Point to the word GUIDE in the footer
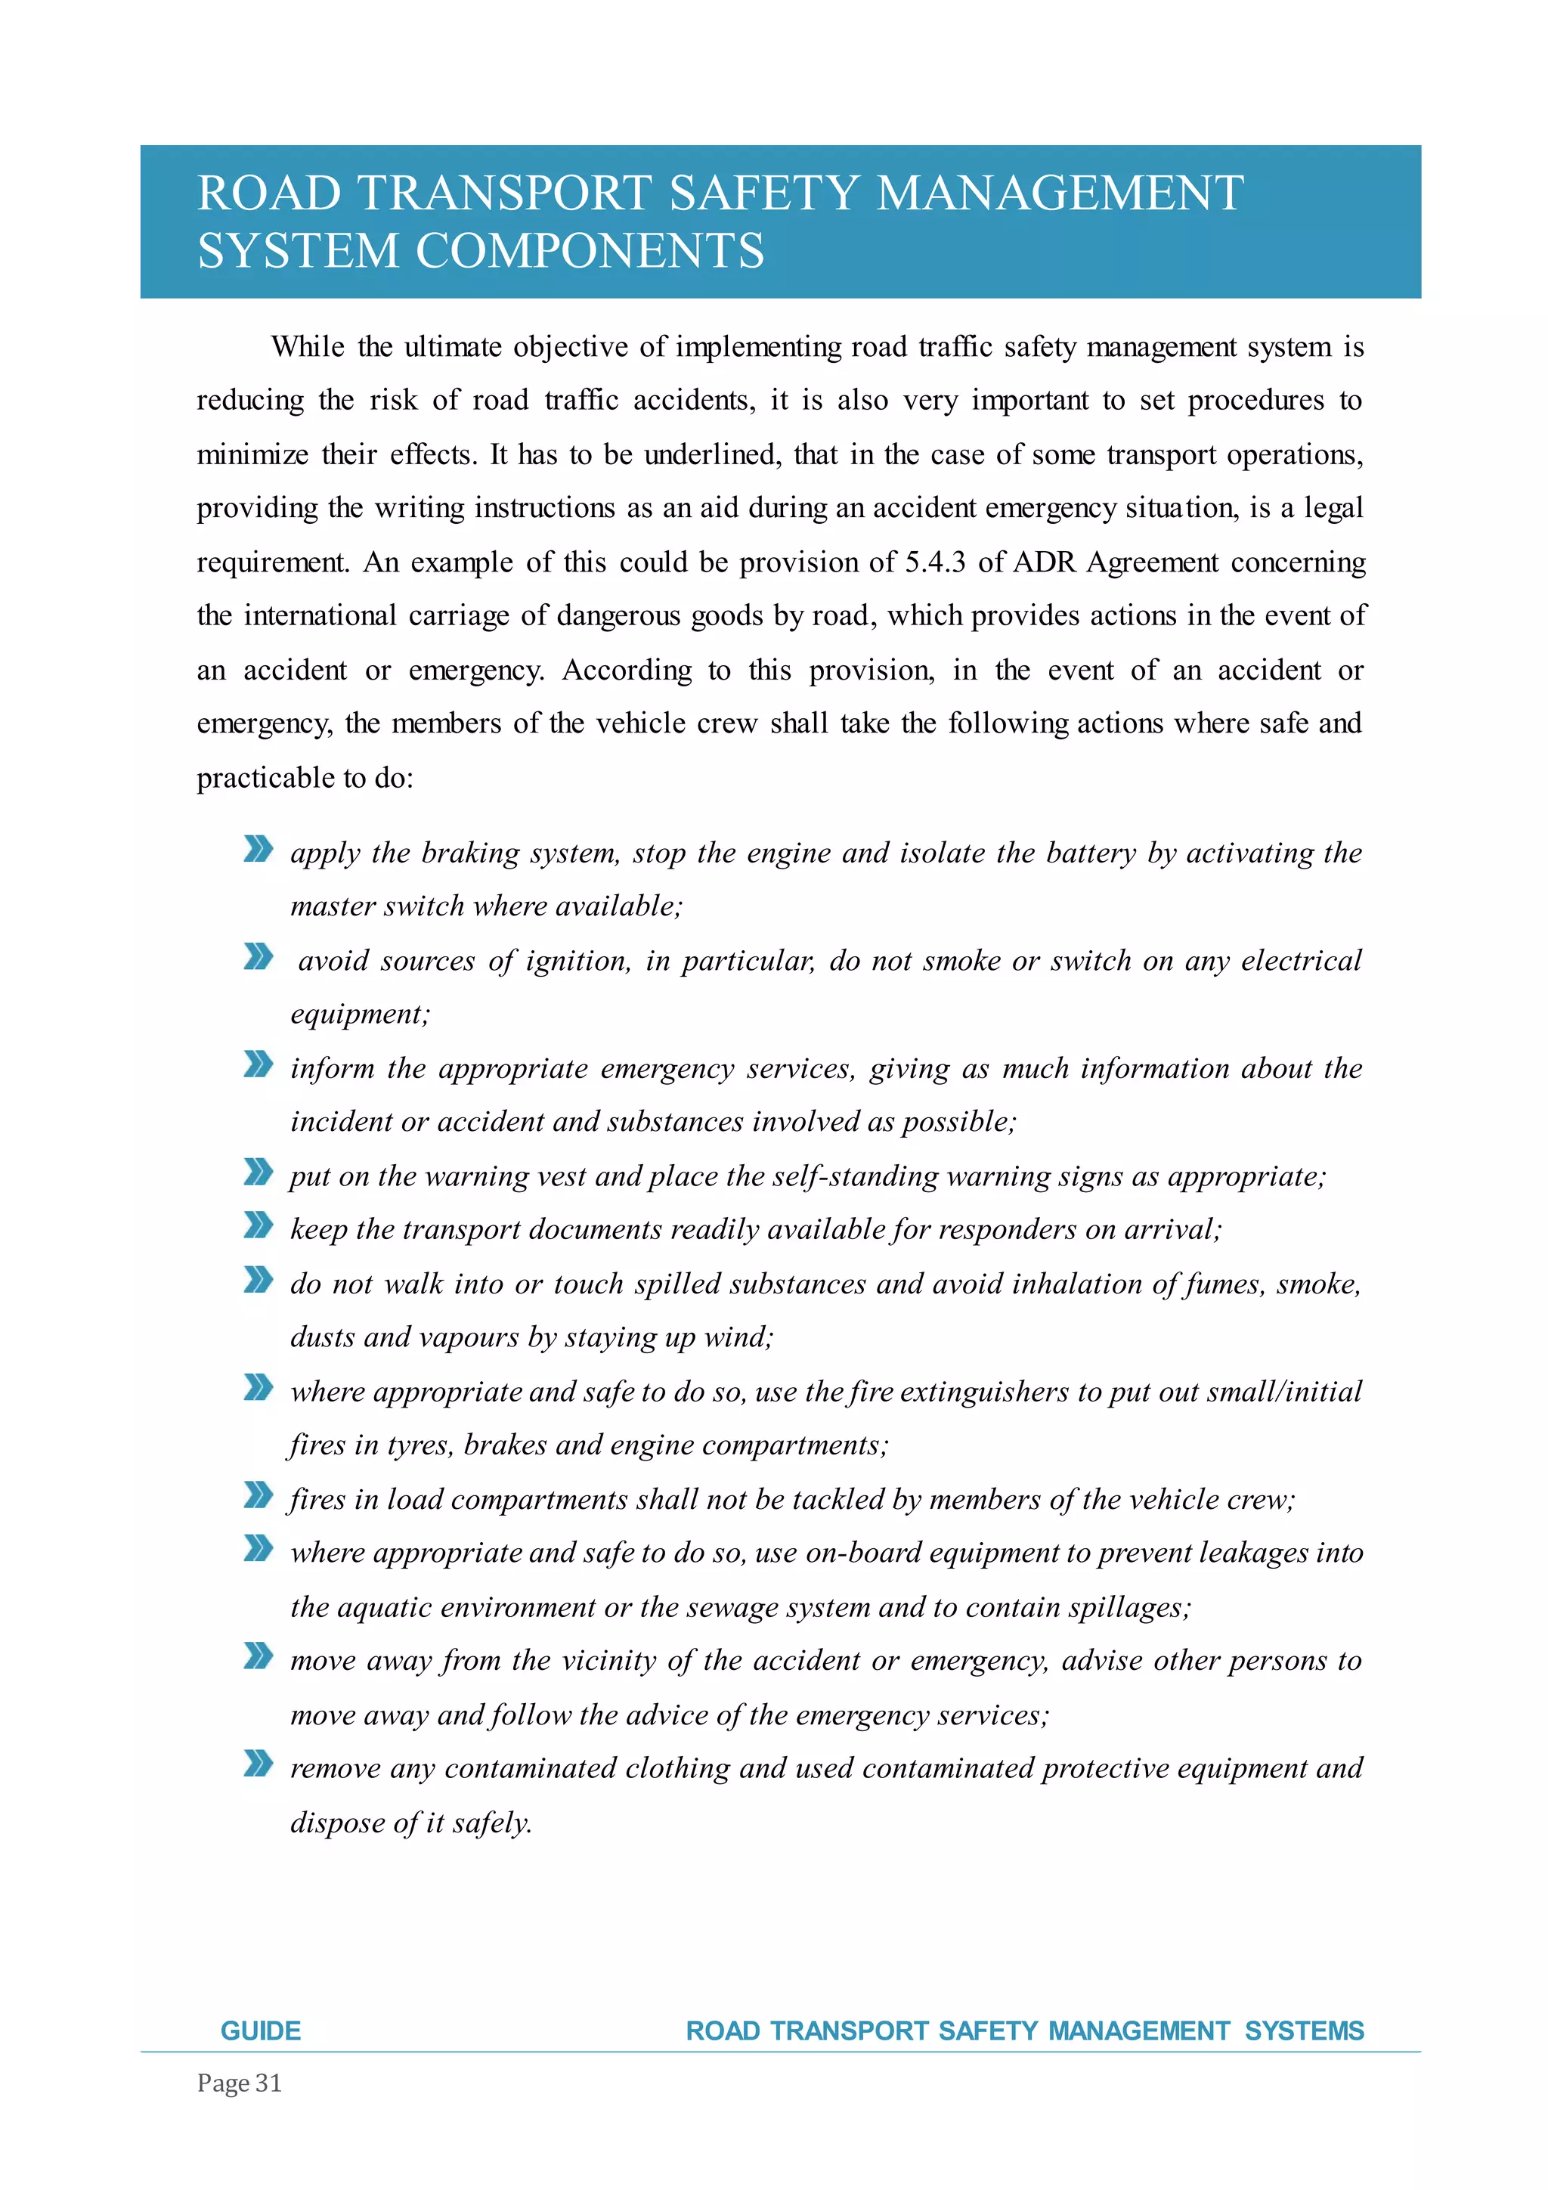[x=260, y=2030]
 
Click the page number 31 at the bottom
[x=269, y=2083]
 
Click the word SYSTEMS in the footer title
[x=1304, y=2030]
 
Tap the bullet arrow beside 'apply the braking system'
[x=259, y=848]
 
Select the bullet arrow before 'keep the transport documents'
[x=259, y=1225]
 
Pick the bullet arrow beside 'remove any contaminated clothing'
[x=259, y=1764]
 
